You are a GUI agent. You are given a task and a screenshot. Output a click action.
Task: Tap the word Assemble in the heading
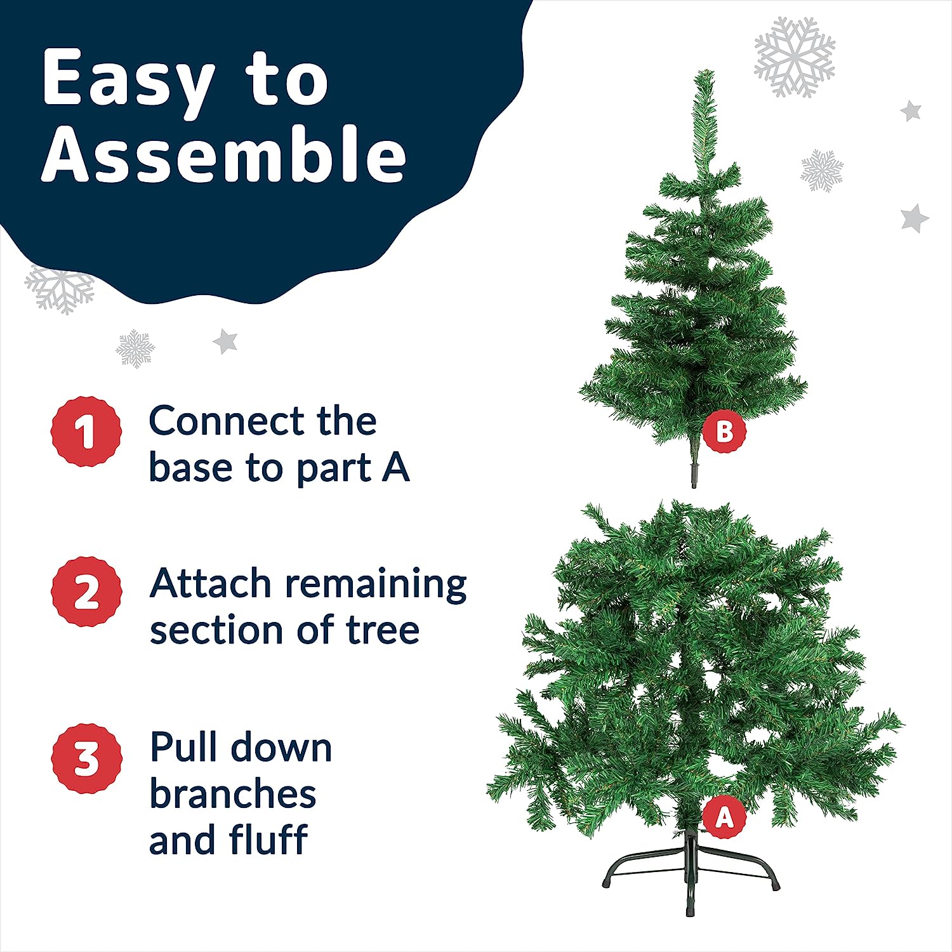point(224,153)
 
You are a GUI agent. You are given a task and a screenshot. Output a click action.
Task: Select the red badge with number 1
point(86,432)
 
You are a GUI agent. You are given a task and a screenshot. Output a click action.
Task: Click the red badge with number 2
point(86,592)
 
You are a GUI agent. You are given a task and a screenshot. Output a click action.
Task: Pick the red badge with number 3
point(86,758)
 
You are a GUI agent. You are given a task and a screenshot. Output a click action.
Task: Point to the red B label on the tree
point(724,432)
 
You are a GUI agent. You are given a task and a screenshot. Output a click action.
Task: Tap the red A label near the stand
point(724,817)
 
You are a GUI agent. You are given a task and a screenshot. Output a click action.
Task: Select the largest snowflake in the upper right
point(795,57)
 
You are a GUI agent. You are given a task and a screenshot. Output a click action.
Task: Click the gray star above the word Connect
point(225,341)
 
